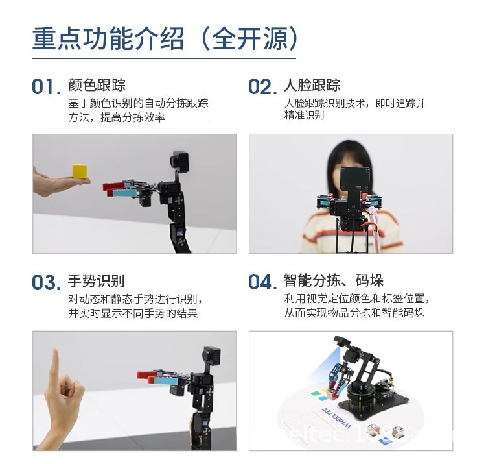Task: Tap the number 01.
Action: pos(46,87)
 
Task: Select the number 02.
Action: pos(262,87)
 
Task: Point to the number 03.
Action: pos(46,283)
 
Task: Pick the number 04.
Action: pos(262,283)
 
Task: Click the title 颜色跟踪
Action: pos(97,86)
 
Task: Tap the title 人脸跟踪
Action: pos(312,86)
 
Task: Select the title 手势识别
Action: pos(97,282)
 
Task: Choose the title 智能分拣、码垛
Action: pos(334,281)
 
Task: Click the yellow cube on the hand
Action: pos(80,171)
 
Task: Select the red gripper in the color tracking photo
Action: pos(120,189)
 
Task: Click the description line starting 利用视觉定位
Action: pos(356,300)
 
